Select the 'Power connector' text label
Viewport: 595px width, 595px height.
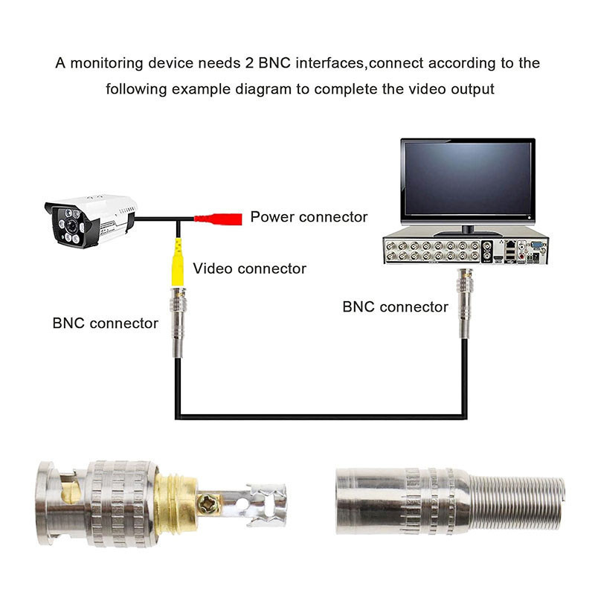309,217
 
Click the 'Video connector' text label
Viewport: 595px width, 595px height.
249,268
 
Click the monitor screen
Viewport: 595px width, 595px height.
467,178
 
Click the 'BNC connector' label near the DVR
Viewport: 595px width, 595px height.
395,306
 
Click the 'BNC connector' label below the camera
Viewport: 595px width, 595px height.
105,323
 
